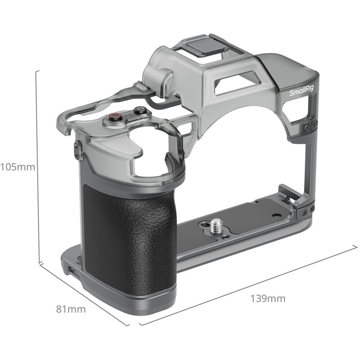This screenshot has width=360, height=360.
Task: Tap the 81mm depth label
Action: click(71, 309)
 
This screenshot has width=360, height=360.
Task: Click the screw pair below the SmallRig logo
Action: click(310, 126)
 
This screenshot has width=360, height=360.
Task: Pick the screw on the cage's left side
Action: click(77, 149)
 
